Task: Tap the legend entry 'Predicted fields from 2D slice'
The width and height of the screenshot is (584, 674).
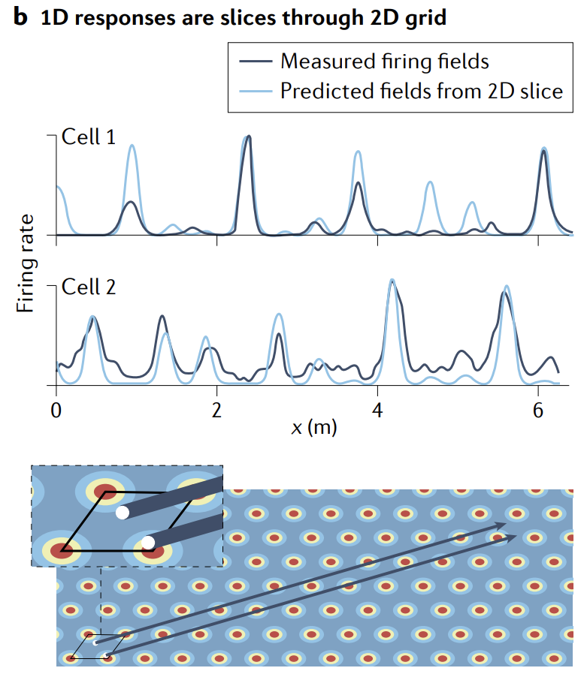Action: (x=421, y=92)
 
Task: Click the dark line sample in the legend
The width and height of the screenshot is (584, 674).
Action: (x=253, y=62)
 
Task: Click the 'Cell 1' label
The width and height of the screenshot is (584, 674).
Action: (x=88, y=138)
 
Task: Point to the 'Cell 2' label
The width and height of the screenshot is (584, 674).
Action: (x=88, y=287)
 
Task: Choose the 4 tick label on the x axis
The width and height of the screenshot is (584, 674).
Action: (x=378, y=411)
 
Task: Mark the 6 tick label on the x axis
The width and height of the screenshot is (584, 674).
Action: (x=539, y=411)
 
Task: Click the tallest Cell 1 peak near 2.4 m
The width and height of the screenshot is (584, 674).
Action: (x=249, y=137)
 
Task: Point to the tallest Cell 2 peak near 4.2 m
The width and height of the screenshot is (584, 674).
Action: (x=392, y=281)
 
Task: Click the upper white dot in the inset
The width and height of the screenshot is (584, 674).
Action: (x=123, y=513)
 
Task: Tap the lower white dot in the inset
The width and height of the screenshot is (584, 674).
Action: (x=148, y=542)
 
